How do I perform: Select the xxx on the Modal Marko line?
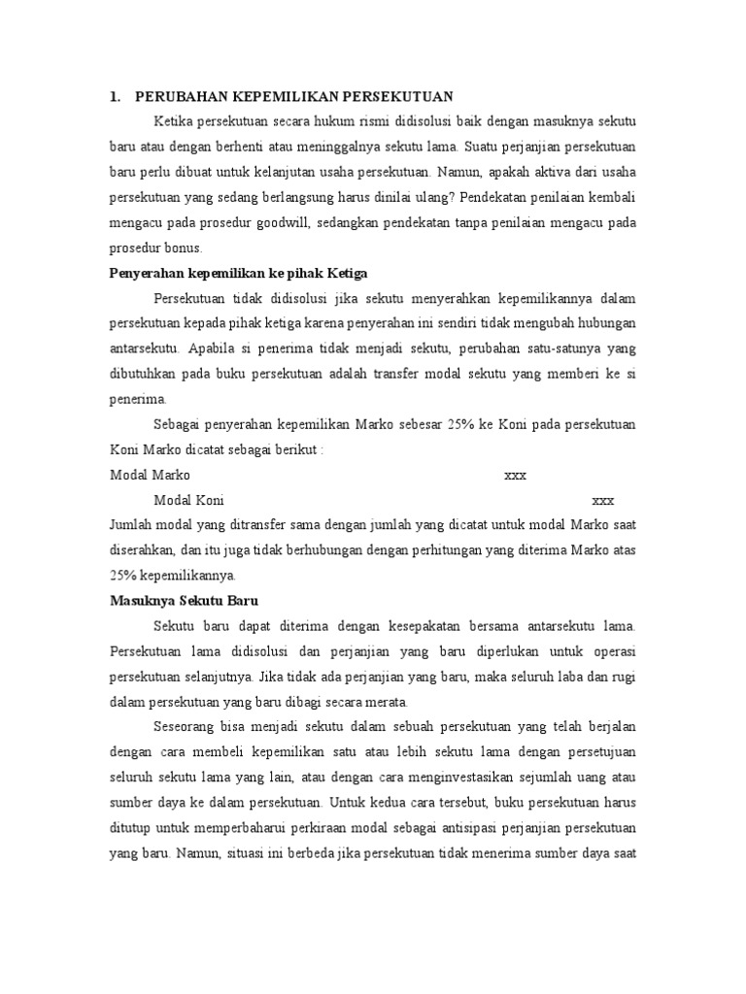coord(515,476)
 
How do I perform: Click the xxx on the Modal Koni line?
coord(603,501)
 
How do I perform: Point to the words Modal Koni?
coord(188,501)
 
